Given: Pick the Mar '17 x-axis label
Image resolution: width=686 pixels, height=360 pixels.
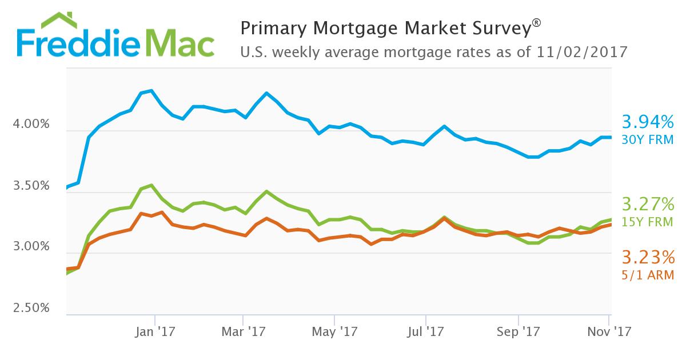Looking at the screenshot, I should coord(244,331).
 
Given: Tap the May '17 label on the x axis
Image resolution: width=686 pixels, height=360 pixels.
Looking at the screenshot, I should coord(335,331).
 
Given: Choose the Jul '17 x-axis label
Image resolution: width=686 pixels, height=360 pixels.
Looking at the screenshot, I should coord(426,331).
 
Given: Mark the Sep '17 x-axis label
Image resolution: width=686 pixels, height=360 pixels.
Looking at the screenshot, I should coord(518,331).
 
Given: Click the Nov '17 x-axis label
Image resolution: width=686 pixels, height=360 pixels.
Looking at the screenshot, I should coord(611,331).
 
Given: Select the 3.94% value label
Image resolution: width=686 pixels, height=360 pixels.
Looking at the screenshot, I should coord(647,122).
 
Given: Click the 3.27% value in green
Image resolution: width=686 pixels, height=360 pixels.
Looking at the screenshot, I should coord(647,204).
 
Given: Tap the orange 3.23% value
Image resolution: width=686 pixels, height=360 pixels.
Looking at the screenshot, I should coord(647,256).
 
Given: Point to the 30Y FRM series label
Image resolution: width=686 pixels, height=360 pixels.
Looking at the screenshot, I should coord(648,139).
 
